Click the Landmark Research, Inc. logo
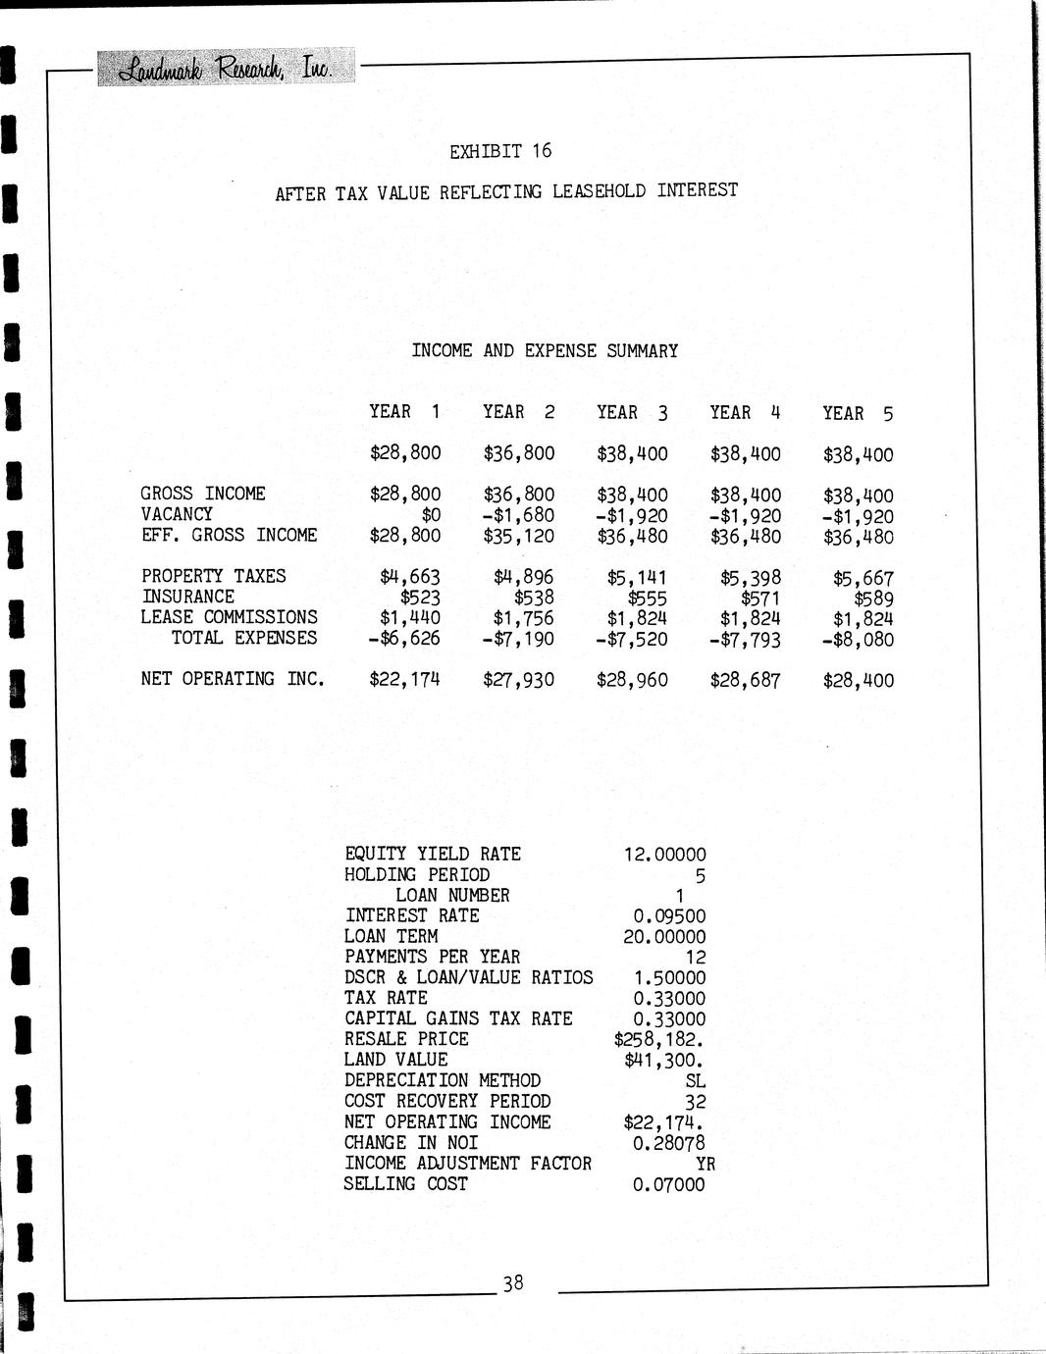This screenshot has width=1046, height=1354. point(225,69)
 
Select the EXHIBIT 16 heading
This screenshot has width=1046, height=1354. point(500,151)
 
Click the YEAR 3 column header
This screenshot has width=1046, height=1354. point(632,413)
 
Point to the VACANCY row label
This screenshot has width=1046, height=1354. point(177,514)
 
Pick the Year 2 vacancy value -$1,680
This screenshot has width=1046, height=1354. point(518,516)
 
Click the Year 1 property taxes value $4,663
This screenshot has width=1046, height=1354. point(410,577)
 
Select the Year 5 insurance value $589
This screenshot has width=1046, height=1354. point(873,599)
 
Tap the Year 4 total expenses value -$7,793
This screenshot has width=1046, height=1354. point(745,640)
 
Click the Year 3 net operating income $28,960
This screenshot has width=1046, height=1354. point(632,680)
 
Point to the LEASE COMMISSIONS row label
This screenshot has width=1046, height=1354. point(230,617)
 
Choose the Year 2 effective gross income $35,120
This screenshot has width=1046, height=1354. point(518,537)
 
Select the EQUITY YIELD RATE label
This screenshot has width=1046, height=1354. point(433,855)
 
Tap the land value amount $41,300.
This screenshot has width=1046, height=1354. point(664,1061)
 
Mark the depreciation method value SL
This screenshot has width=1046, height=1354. point(696,1081)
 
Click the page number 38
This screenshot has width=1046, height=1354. point(513,1282)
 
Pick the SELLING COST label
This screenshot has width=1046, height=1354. point(406,1184)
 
